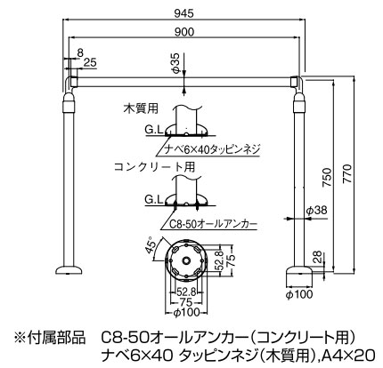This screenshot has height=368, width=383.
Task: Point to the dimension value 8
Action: coord(80,52)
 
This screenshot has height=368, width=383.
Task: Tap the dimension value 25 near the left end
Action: coord(90,62)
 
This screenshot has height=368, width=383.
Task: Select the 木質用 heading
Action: coord(140,109)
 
